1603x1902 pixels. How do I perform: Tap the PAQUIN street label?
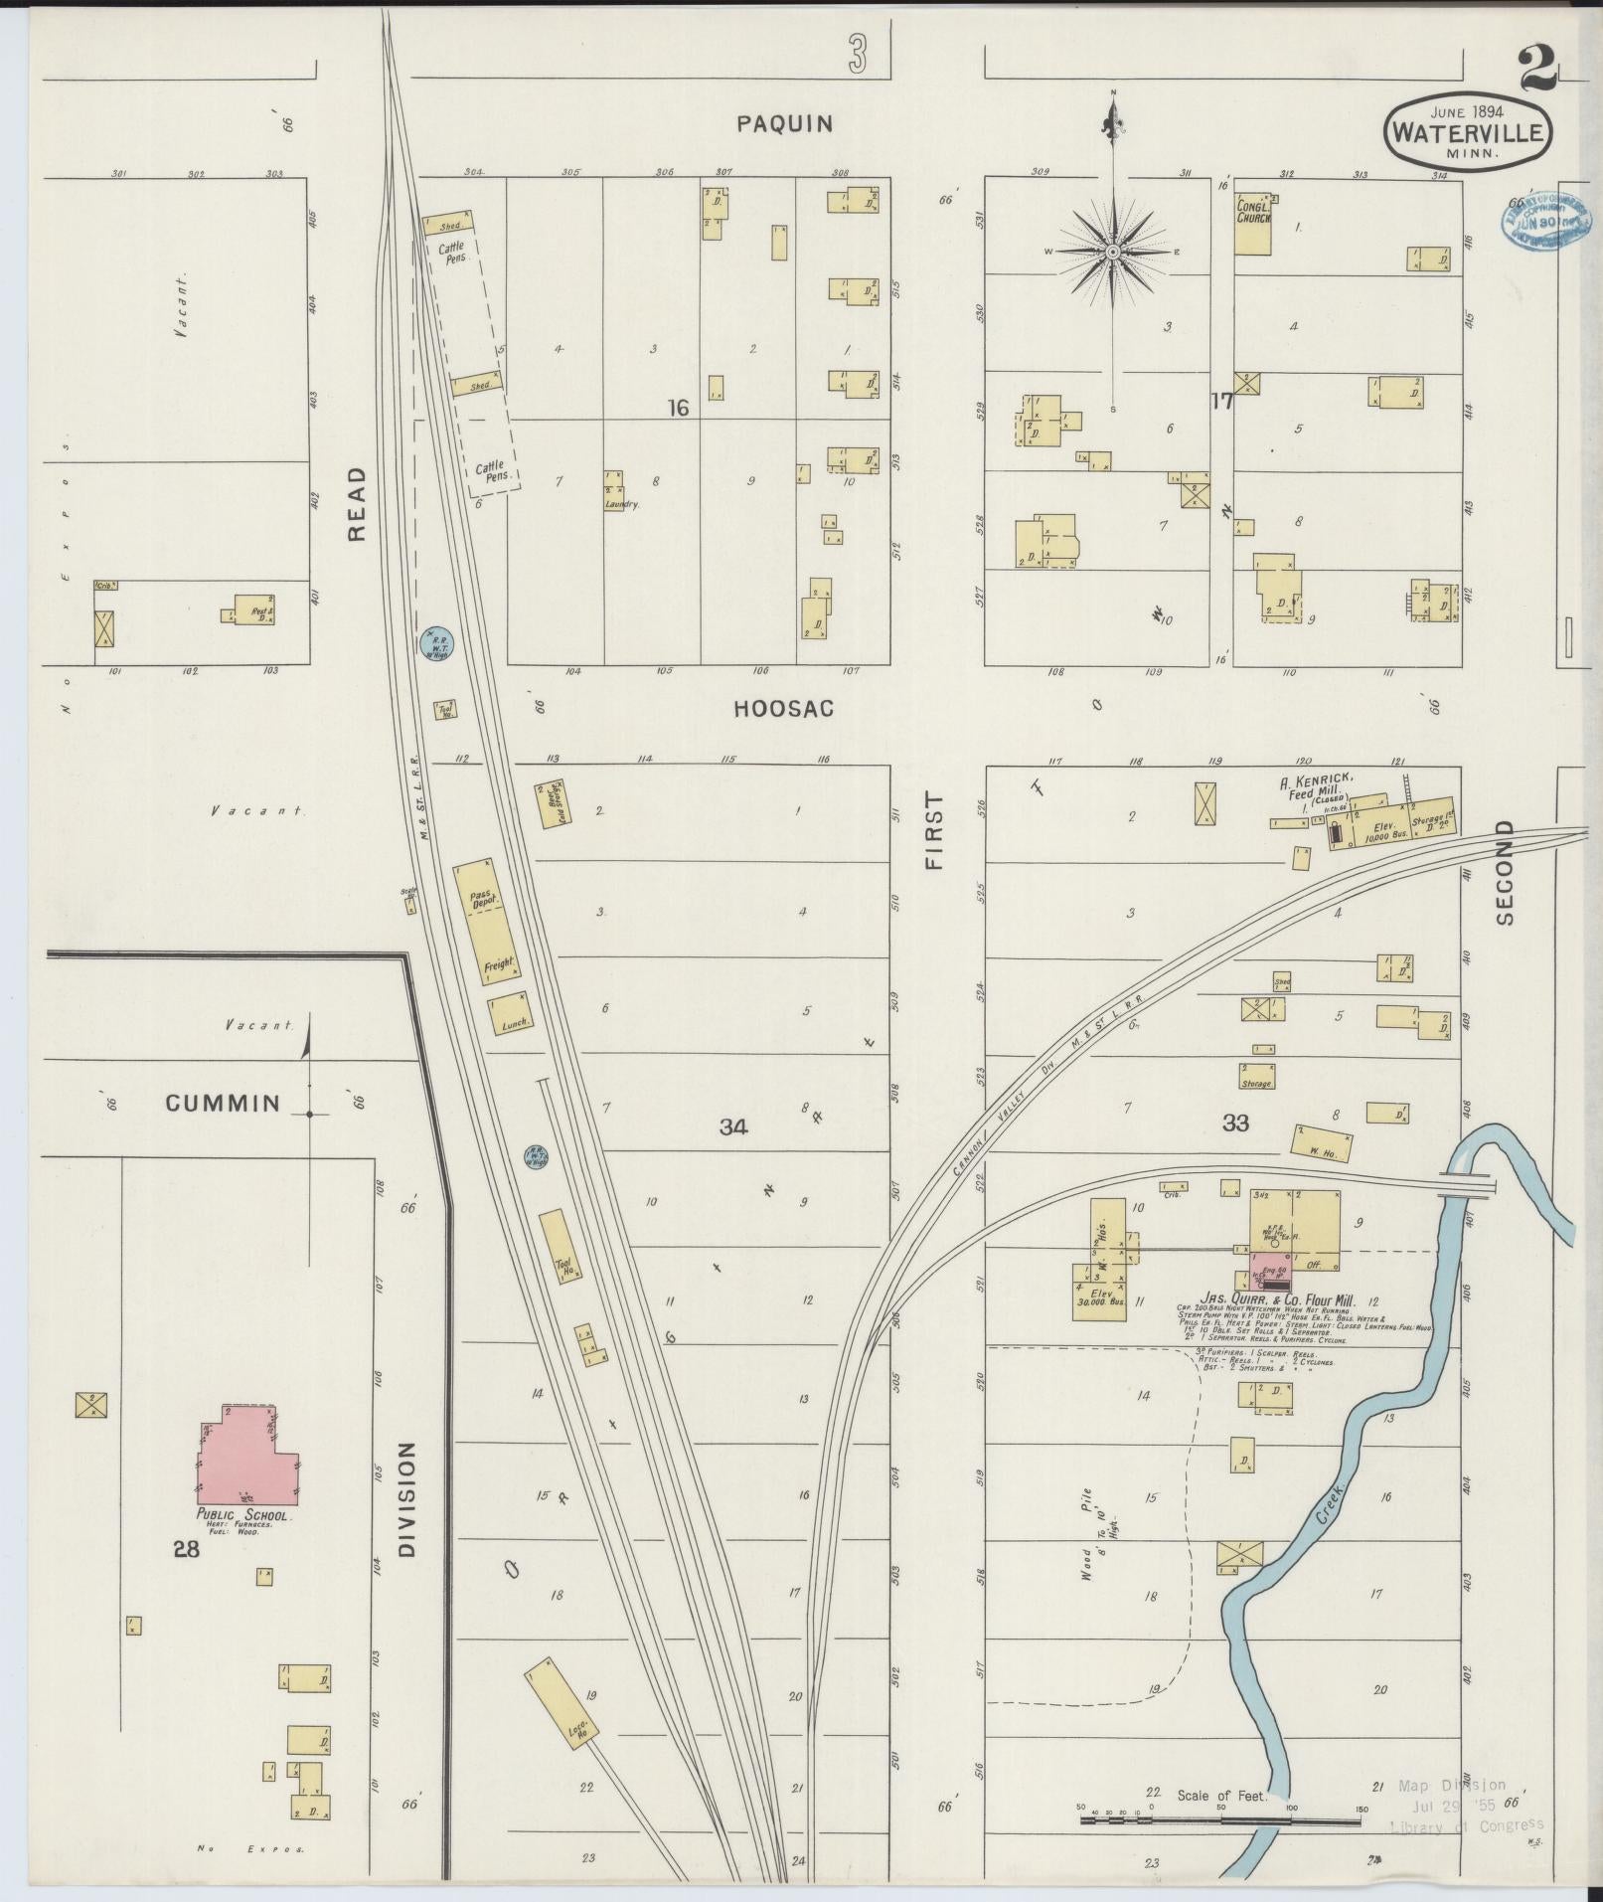coord(784,124)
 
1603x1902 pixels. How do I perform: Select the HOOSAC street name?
coord(783,709)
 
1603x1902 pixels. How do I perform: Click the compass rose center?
coord(1113,253)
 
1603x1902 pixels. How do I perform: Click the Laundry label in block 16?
coord(621,504)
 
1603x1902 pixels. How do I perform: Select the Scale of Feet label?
coord(1221,1796)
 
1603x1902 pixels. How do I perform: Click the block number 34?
coord(733,1126)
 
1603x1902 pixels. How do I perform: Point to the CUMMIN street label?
coord(223,1103)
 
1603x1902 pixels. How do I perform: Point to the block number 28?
coord(186,1550)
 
